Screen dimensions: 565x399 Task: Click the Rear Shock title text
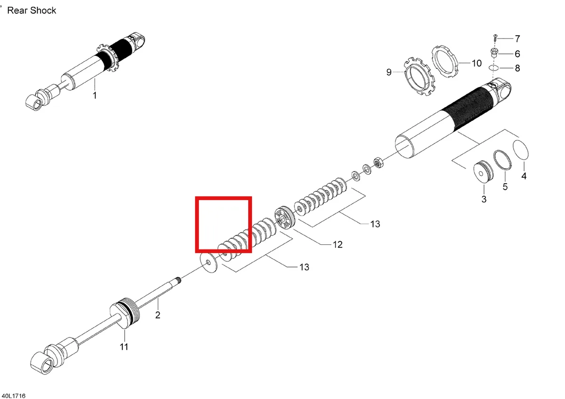(32, 10)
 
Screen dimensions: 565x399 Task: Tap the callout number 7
(517, 39)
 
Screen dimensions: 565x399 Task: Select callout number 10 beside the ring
(476, 63)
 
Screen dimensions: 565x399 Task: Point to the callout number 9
(389, 72)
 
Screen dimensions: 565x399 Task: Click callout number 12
(338, 244)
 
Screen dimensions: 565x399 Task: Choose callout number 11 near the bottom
(124, 347)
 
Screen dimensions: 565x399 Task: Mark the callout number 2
(158, 315)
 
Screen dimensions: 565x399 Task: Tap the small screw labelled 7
(495, 38)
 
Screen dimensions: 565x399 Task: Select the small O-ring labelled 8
(493, 68)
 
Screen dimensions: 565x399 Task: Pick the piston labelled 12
(284, 218)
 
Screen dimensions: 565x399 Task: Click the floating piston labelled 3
(483, 172)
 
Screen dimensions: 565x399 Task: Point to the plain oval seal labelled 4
(521, 150)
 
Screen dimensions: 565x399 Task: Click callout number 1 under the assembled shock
(95, 95)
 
